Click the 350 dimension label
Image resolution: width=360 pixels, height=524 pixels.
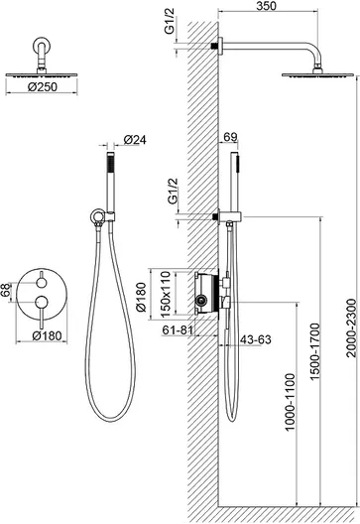[267, 5]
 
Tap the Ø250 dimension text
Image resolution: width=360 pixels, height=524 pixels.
[43, 87]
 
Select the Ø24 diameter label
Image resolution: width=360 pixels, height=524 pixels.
[135, 139]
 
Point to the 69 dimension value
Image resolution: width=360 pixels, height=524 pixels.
[230, 137]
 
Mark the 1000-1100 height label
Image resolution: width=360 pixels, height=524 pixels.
[291, 402]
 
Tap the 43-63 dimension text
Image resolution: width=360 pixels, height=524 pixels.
[256, 339]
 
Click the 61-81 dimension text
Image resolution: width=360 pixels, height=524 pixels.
[178, 330]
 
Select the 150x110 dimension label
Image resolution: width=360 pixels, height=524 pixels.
[166, 295]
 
